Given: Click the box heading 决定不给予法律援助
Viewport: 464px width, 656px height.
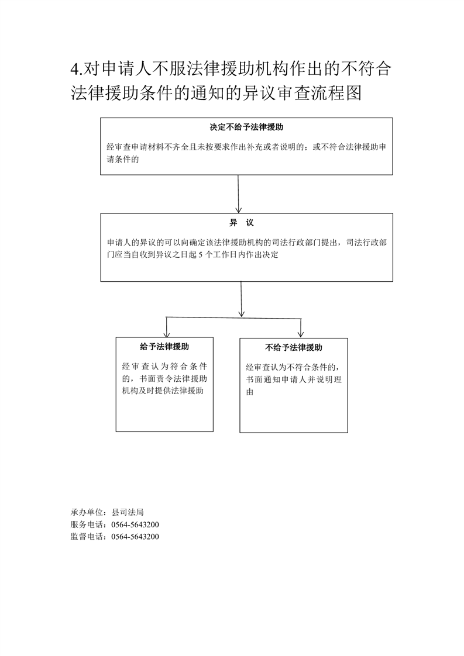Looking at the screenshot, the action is pos(246,127).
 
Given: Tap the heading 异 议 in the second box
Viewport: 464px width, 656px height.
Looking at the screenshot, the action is pos(241,223).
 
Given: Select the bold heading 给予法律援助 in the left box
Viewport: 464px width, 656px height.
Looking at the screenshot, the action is pos(164,347).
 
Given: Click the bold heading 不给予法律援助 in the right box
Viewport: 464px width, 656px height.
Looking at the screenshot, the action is pos(294,348).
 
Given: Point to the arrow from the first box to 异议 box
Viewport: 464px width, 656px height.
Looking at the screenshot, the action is pos(238,194).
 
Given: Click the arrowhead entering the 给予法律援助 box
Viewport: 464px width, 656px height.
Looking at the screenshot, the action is pos(166,334).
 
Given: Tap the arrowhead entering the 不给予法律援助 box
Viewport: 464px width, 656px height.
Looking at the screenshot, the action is pos(300,334).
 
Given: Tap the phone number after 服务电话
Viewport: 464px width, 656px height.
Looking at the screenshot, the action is pos(135,524).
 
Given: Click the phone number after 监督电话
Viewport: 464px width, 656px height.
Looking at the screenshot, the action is pos(135,537).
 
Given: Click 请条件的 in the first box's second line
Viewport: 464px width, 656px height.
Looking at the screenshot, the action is pos(123,160).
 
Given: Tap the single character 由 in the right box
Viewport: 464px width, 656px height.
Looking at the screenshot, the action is pos(250,392).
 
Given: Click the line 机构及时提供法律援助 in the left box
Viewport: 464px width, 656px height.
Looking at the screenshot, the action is pos(163,391).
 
